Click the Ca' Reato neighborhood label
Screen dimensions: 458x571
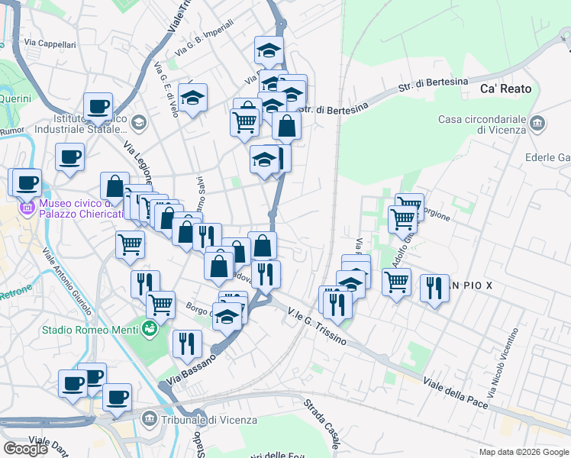505,89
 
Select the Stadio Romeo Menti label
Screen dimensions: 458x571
89,330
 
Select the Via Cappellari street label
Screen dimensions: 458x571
50,44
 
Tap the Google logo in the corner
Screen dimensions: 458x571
25,449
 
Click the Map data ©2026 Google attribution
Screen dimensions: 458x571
524,452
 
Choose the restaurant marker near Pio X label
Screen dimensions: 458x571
434,288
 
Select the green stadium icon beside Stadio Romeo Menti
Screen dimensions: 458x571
149,329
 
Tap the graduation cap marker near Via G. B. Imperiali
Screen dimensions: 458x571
269,50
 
